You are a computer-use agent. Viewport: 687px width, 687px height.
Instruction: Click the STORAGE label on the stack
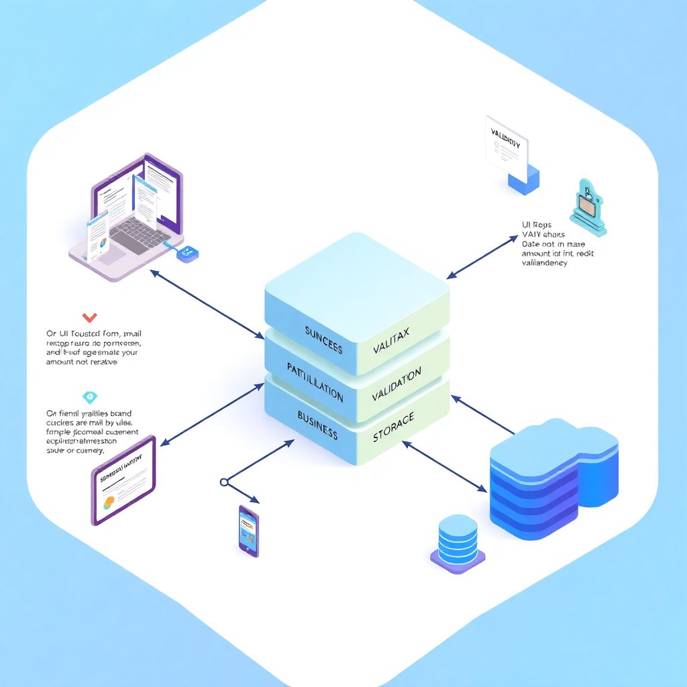coord(393,427)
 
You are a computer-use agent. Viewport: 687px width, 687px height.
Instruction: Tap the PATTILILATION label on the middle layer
coord(315,381)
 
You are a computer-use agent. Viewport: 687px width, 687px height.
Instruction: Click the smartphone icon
coord(248,530)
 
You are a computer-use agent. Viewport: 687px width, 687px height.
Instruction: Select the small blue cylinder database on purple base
coord(458,542)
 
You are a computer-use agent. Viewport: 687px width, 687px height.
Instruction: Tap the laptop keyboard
coord(138,232)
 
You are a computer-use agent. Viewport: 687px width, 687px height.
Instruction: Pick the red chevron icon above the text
coord(89,317)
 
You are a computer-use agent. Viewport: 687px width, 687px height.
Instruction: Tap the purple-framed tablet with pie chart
coord(123,480)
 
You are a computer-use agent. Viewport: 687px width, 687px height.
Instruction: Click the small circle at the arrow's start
coord(224,482)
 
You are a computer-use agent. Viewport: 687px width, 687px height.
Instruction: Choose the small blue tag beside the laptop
coord(187,252)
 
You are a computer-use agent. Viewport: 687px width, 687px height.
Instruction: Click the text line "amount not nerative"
coord(81,362)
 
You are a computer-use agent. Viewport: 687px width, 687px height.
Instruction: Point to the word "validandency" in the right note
coord(544,263)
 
